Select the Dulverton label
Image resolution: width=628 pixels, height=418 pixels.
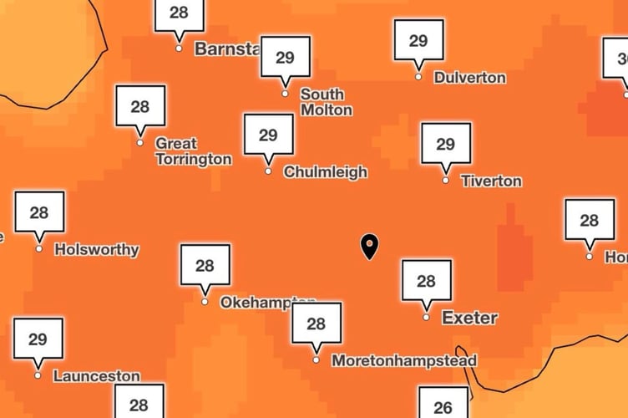click(x=469, y=78)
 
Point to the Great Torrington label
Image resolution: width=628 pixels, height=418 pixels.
click(x=193, y=151)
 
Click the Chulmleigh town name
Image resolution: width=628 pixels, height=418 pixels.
click(x=325, y=172)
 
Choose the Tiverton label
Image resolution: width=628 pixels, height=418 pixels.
click(x=491, y=181)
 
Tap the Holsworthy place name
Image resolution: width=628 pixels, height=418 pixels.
click(x=96, y=249)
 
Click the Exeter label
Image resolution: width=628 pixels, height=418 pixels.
click(x=469, y=318)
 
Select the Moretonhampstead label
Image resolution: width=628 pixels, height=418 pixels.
click(x=403, y=361)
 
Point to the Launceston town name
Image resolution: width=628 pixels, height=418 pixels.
click(x=96, y=376)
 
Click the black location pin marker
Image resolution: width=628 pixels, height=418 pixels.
click(x=368, y=246)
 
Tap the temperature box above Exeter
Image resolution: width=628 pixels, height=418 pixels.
click(x=426, y=281)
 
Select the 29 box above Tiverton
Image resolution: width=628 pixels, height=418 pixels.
click(x=445, y=144)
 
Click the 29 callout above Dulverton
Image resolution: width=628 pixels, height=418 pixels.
click(x=418, y=40)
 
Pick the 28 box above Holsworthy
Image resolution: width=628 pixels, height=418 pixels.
click(x=39, y=212)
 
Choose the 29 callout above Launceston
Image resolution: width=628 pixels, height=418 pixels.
click(x=38, y=339)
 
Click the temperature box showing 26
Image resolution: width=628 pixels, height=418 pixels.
click(x=443, y=403)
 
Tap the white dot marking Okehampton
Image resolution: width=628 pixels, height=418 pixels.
click(x=205, y=302)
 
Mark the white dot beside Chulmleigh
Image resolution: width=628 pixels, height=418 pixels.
click(x=268, y=171)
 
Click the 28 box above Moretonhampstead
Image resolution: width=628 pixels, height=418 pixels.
click(x=316, y=324)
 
